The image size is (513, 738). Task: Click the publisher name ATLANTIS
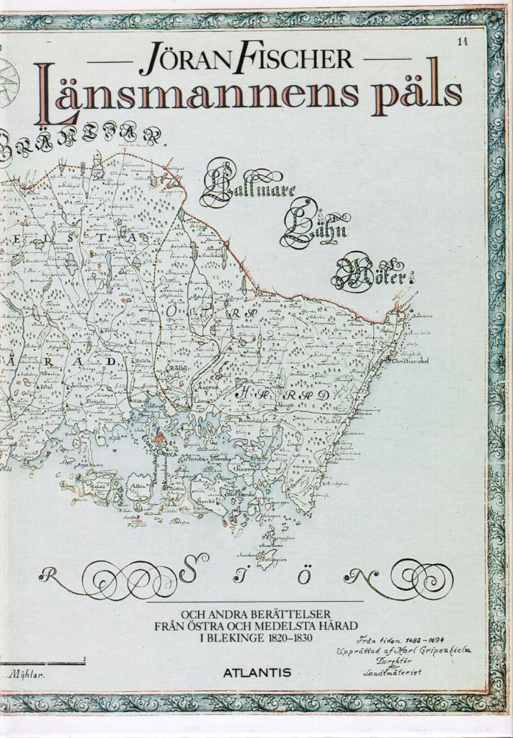256,672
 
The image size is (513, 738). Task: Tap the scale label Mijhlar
24,675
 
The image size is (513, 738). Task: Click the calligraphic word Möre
372,275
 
